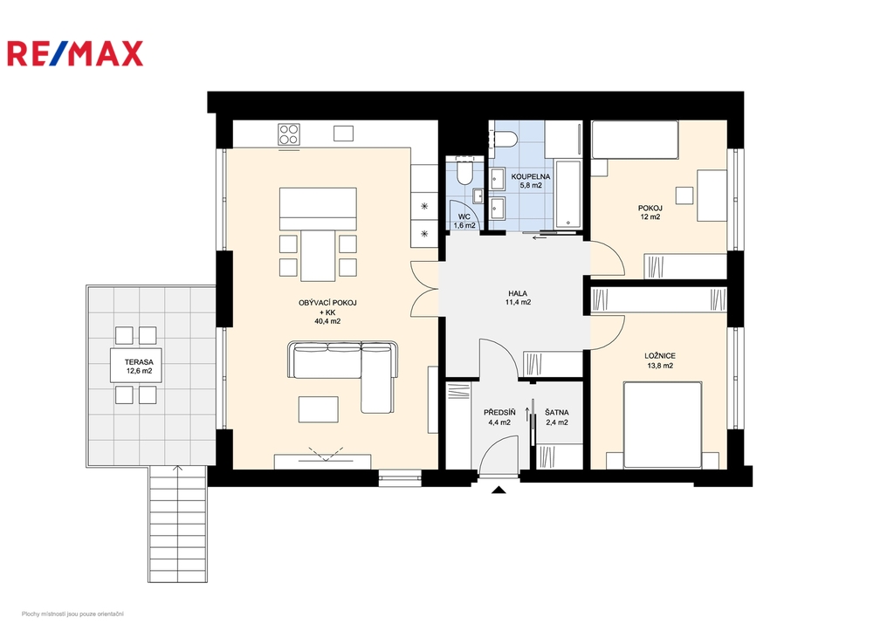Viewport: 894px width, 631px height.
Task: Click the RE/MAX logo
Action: pyautogui.click(x=75, y=53)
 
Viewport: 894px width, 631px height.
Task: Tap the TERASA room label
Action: pyautogui.click(x=139, y=362)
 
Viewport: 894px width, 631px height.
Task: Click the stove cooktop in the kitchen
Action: pyautogui.click(x=289, y=134)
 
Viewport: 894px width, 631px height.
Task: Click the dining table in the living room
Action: pyautogui.click(x=318, y=255)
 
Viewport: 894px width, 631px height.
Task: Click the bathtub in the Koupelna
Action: pyautogui.click(x=567, y=195)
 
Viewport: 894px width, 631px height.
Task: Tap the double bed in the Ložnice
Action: pyautogui.click(x=663, y=425)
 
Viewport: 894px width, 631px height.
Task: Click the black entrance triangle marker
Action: pyautogui.click(x=499, y=489)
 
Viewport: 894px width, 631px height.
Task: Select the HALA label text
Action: pyautogui.click(x=518, y=293)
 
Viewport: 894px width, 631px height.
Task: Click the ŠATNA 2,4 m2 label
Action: pyautogui.click(x=556, y=417)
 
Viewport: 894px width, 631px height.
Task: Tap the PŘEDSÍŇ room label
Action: pyautogui.click(x=499, y=412)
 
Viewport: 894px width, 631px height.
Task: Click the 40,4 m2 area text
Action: pyautogui.click(x=327, y=321)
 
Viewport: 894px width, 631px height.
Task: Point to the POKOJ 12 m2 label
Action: pyautogui.click(x=650, y=212)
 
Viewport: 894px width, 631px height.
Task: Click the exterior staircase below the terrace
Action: pyautogui.click(x=177, y=524)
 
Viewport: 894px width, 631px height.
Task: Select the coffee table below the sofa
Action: pyautogui.click(x=318, y=409)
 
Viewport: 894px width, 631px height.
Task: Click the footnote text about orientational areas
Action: pyautogui.click(x=72, y=614)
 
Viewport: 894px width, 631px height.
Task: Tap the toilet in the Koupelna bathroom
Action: pyautogui.click(x=505, y=137)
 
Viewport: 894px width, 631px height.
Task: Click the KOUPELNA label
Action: pyautogui.click(x=530, y=176)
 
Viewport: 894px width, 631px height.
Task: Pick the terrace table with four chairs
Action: pyautogui.click(x=135, y=365)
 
